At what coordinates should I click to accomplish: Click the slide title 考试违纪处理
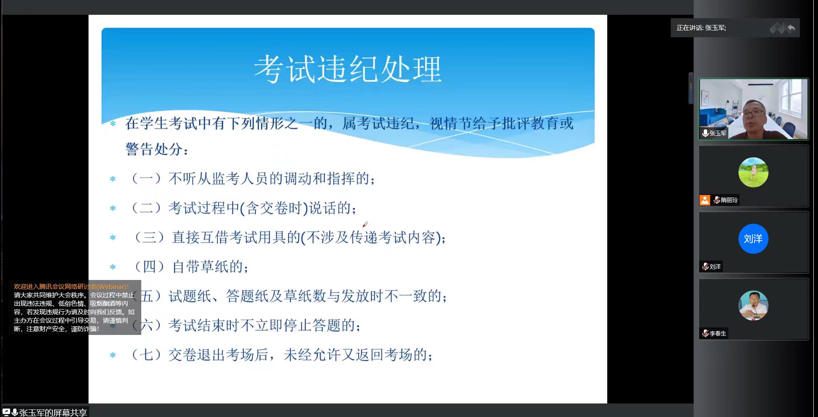348,69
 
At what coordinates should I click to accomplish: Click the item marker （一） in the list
146,178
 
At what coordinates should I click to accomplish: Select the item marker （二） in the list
146,208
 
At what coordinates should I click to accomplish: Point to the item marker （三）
149,237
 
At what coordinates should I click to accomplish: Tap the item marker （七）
146,354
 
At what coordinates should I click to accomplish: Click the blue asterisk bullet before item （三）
113,238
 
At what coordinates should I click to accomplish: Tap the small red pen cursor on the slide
365,224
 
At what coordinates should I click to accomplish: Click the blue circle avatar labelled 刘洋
753,239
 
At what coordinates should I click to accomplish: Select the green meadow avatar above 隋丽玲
753,172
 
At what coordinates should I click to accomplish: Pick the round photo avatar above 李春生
753,305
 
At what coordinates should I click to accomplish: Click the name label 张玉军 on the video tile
718,133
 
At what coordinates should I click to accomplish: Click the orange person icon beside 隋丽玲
705,200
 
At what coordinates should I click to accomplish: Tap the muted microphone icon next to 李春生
705,333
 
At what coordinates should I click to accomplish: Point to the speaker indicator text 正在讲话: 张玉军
701,28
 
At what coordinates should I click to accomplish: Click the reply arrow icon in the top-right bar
791,28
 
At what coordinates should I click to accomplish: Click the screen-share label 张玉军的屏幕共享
53,412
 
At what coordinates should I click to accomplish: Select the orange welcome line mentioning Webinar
71,286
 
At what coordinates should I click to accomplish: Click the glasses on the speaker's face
754,113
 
